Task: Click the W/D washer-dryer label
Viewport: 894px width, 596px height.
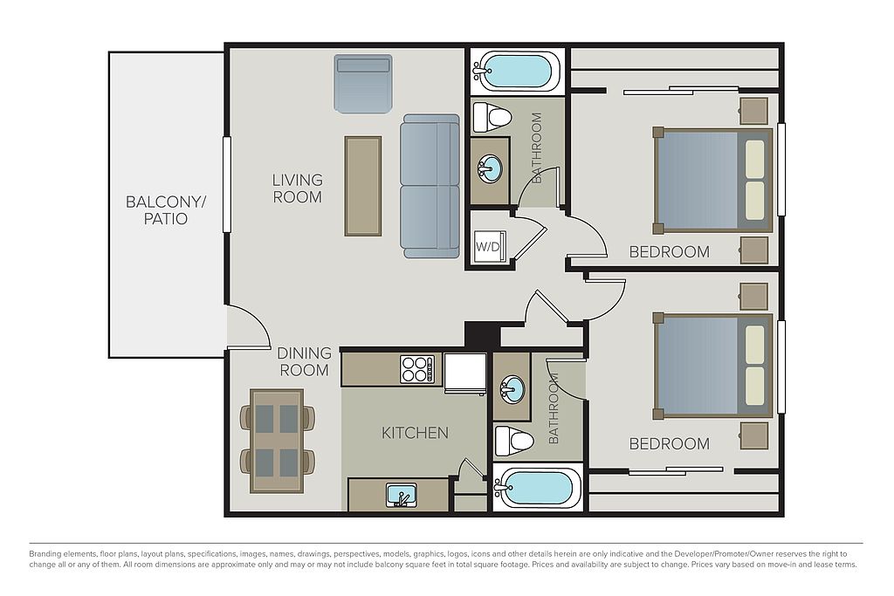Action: [487, 247]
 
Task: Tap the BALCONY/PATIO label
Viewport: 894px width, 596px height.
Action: [165, 210]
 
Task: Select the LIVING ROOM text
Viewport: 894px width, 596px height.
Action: [297, 188]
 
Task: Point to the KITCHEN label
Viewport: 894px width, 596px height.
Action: [415, 433]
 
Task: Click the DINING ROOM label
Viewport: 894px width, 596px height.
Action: [304, 362]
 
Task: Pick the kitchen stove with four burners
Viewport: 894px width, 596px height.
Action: [416, 369]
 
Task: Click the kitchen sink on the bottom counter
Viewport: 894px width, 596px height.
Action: [402, 495]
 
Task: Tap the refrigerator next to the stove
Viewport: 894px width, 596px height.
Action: [464, 373]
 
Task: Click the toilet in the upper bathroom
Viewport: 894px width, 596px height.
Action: [492, 118]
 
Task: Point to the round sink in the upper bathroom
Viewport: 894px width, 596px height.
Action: [490, 169]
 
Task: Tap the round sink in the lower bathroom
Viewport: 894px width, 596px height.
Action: [512, 388]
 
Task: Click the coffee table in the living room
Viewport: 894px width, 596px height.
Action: [363, 186]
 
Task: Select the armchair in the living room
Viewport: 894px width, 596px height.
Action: [363, 84]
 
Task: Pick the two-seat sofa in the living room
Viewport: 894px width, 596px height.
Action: [430, 186]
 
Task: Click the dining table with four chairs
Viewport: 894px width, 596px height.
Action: [277, 441]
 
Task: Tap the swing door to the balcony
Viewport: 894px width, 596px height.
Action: [248, 327]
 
